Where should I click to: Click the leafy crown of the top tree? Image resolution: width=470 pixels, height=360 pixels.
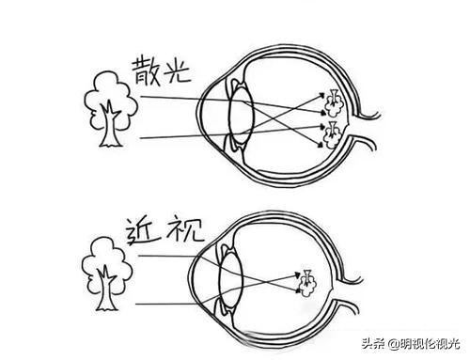coord(110,93)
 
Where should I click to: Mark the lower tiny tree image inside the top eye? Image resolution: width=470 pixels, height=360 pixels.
coord(330,133)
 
